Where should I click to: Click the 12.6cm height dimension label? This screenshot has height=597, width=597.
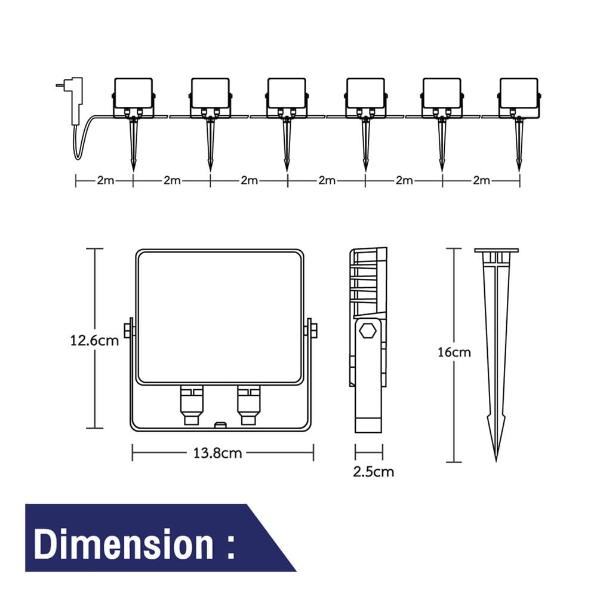click(x=94, y=340)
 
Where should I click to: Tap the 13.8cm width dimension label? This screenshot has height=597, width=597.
click(x=217, y=453)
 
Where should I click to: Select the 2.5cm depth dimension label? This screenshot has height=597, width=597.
click(x=373, y=472)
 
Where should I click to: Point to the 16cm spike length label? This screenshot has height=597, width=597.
click(x=454, y=352)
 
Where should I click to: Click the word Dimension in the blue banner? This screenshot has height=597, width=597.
click(x=124, y=545)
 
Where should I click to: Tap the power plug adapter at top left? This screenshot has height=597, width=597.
click(x=73, y=100)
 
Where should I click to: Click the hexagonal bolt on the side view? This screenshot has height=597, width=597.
click(x=368, y=331)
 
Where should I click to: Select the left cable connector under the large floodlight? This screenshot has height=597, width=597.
click(x=191, y=405)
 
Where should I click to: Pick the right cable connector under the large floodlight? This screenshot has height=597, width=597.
click(x=248, y=405)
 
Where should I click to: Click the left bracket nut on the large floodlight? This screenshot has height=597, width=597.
click(x=129, y=330)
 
